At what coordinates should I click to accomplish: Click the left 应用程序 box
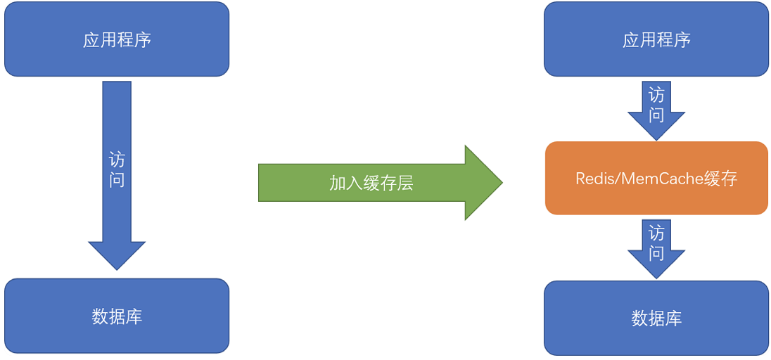click(117, 39)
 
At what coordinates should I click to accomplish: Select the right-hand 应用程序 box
click(656, 39)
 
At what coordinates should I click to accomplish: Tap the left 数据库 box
click(117, 316)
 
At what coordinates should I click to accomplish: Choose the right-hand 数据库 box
click(656, 318)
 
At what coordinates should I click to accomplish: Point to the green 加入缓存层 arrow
click(380, 183)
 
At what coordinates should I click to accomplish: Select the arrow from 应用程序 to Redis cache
click(656, 109)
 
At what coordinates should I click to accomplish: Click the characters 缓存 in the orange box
click(720, 179)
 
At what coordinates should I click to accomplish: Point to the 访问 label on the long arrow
click(117, 169)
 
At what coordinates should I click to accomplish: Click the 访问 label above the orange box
click(656, 104)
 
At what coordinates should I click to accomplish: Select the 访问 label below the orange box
click(656, 243)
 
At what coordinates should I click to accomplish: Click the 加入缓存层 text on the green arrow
click(371, 183)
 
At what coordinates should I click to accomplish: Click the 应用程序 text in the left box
click(117, 39)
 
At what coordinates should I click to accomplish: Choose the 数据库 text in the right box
click(656, 318)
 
